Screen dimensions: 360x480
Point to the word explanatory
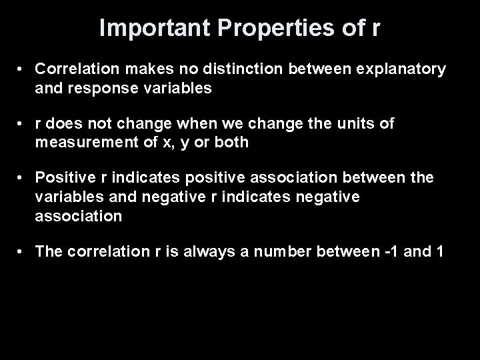click(x=399, y=69)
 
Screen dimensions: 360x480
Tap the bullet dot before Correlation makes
click(x=22, y=69)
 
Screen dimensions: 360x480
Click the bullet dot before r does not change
click(x=22, y=123)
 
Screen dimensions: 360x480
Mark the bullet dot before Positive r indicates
click(x=22, y=177)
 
